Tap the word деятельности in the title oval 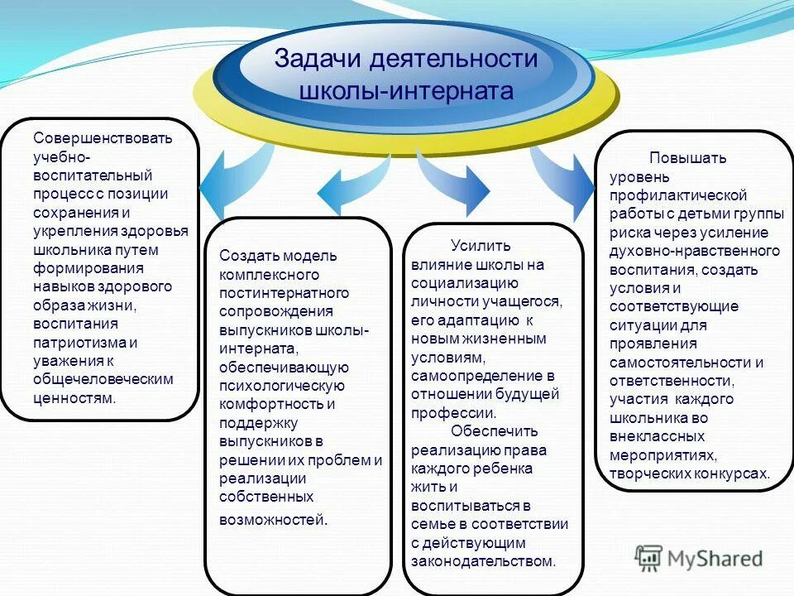point(453,60)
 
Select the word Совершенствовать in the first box point(103,137)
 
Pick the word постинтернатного point(284,293)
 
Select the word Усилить point(481,245)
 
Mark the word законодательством point(482,561)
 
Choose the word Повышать point(687,157)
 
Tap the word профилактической point(678,195)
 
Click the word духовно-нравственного point(695,251)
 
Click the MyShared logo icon point(648,558)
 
